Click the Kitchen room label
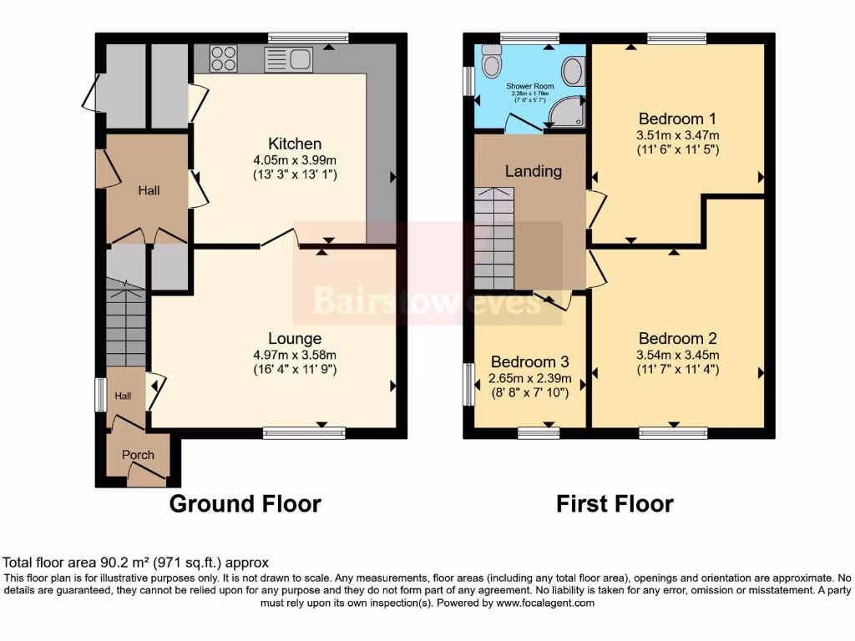[x=295, y=144]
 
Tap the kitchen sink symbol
[x=288, y=59]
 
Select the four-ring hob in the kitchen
[x=223, y=58]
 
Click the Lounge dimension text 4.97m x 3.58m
[x=295, y=355]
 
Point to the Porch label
[x=138, y=455]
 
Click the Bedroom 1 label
[x=677, y=118]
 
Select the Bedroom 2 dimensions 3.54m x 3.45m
[x=677, y=355]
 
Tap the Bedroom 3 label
[x=529, y=361]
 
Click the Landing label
[x=534, y=171]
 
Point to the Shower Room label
[x=530, y=86]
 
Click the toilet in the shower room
[x=491, y=59]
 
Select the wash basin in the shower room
[x=573, y=71]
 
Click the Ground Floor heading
[x=245, y=504]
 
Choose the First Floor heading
[x=615, y=504]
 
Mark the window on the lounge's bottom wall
[x=304, y=432]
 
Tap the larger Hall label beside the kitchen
[x=149, y=190]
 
